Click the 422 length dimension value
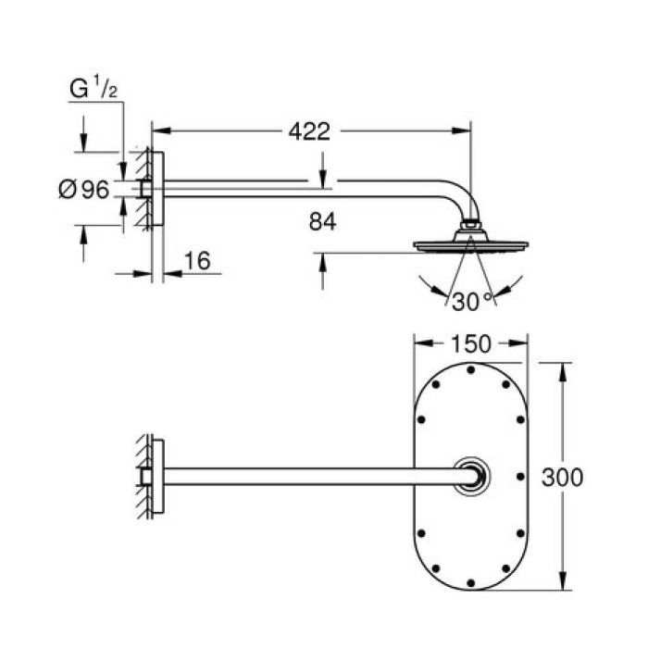click(x=309, y=131)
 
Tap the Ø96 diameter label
click(x=83, y=190)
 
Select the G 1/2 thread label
click(x=93, y=91)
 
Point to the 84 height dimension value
click(x=322, y=222)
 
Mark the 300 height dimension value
click(x=562, y=478)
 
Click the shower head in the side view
click(x=470, y=245)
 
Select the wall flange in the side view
click(x=157, y=189)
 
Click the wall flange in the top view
click(x=157, y=476)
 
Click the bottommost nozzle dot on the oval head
click(x=471, y=581)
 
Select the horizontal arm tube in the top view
click(x=315, y=476)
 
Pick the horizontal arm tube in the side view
click(x=305, y=189)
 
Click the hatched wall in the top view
click(x=142, y=476)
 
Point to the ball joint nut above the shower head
click(x=471, y=225)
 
